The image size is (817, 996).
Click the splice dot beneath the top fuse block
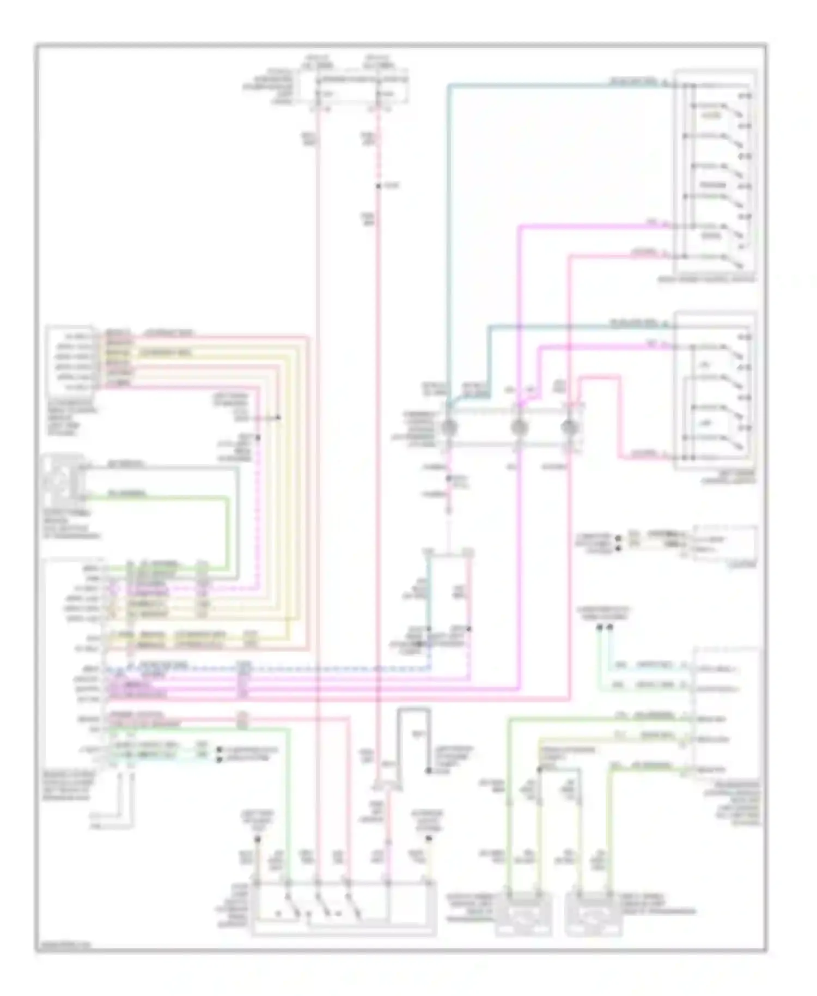[378, 186]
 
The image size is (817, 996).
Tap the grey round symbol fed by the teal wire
[450, 427]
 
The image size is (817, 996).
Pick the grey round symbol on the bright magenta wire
[519, 427]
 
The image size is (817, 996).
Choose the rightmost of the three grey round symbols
[568, 427]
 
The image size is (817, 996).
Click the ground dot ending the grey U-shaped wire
[429, 772]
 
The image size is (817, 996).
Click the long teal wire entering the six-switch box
[545, 85]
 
